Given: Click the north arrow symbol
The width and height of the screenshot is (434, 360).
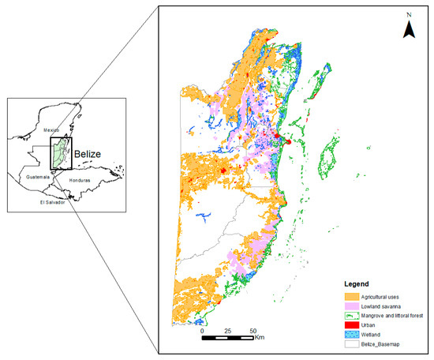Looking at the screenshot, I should click(410, 30).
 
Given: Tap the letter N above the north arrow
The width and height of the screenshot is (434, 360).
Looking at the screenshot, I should click(410, 15).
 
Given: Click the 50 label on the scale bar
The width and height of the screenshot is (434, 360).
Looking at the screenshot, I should click(253, 331).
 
